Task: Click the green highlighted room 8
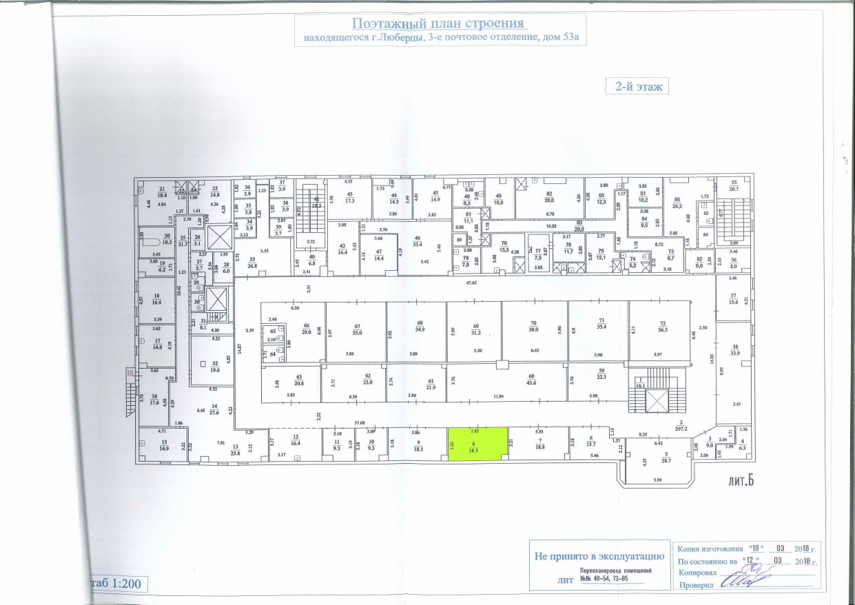pyautogui.click(x=473, y=444)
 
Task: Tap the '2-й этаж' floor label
pyautogui.click(x=637, y=87)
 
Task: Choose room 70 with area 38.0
pyautogui.click(x=533, y=329)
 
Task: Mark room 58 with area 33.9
pyautogui.click(x=734, y=350)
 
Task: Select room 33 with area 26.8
pyautogui.click(x=252, y=262)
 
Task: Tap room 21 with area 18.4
pyautogui.click(x=163, y=194)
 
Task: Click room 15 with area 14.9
pyautogui.click(x=163, y=445)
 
